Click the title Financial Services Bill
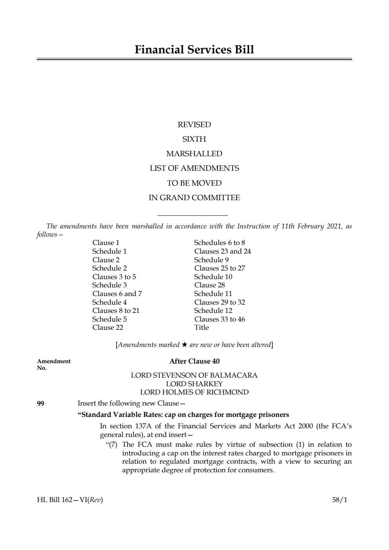(x=194, y=50)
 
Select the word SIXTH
(x=194, y=139)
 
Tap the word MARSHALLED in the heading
(x=194, y=154)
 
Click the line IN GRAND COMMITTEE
(x=194, y=198)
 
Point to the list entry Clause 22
(x=108, y=327)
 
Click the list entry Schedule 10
(x=213, y=277)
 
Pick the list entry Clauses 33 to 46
(x=219, y=319)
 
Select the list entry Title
(x=201, y=327)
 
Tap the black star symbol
(x=184, y=345)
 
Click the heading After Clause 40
(x=194, y=361)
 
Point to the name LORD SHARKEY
(x=194, y=384)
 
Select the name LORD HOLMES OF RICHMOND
(x=194, y=392)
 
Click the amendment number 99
(x=40, y=403)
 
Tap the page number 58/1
(x=340, y=500)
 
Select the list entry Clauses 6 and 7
(x=117, y=294)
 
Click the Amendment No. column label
(x=54, y=364)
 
